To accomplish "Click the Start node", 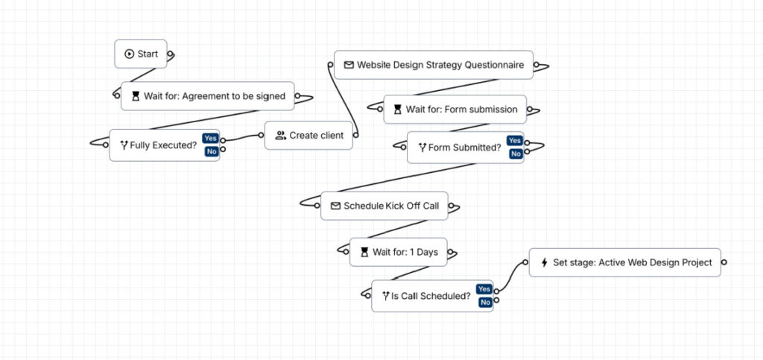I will click(x=141, y=54).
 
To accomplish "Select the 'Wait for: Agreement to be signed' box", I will click(x=208, y=96).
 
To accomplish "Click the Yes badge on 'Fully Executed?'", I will click(x=210, y=139).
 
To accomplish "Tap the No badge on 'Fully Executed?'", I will click(x=211, y=151).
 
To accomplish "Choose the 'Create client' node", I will click(x=308, y=136).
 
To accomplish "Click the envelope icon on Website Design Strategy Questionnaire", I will click(x=348, y=65).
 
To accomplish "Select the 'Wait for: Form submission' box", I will click(x=455, y=110).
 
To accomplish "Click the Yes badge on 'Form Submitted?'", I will click(x=514, y=141).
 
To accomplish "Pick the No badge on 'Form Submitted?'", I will click(x=515, y=154).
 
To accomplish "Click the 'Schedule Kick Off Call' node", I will click(x=384, y=206).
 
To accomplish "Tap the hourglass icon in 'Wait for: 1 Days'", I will click(x=364, y=252).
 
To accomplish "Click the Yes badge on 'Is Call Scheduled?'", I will click(x=484, y=289).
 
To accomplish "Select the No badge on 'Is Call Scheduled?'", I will click(x=484, y=302).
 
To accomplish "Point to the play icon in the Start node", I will click(x=129, y=54).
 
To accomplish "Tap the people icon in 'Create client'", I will click(x=280, y=136).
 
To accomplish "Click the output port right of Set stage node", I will click(x=724, y=262).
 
